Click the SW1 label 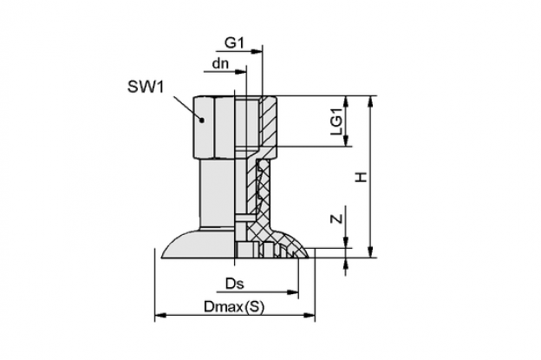pyautogui.click(x=146, y=87)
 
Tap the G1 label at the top pyautogui.click(x=235, y=43)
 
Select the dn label pyautogui.click(x=220, y=63)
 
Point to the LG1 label pyautogui.click(x=336, y=121)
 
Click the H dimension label pyautogui.click(x=362, y=178)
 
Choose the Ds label pyautogui.click(x=235, y=284)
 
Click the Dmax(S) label pyautogui.click(x=234, y=307)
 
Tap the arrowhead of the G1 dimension pyautogui.click(x=257, y=51)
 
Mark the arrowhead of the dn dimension pyautogui.click(x=240, y=72)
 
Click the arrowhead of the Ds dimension pyautogui.click(x=292, y=292)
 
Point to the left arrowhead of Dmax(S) pyautogui.click(x=160, y=315)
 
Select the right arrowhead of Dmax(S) pyautogui.click(x=309, y=315)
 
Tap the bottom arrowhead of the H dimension pyautogui.click(x=371, y=252)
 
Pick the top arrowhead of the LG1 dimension pyautogui.click(x=346, y=101)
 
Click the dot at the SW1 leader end pyautogui.click(x=203, y=120)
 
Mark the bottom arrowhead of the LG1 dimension pyautogui.click(x=346, y=141)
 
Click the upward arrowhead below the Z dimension pyautogui.click(x=346, y=264)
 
